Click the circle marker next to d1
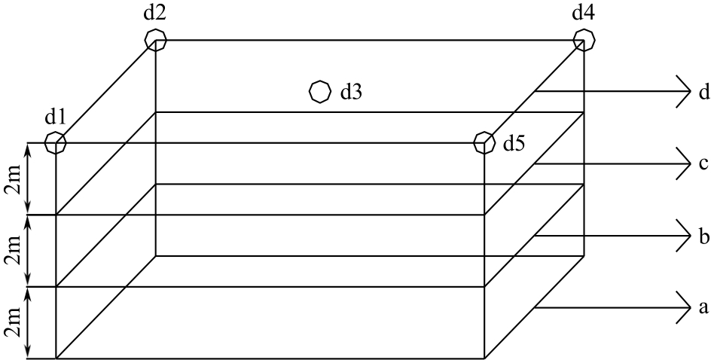pos(55,142)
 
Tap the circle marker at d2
pos(155,39)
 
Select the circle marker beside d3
pos(319,91)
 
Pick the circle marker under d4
pos(584,39)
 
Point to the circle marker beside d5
pos(484,142)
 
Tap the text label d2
pos(156,13)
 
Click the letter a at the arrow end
pos(703,307)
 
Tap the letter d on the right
pos(703,93)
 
